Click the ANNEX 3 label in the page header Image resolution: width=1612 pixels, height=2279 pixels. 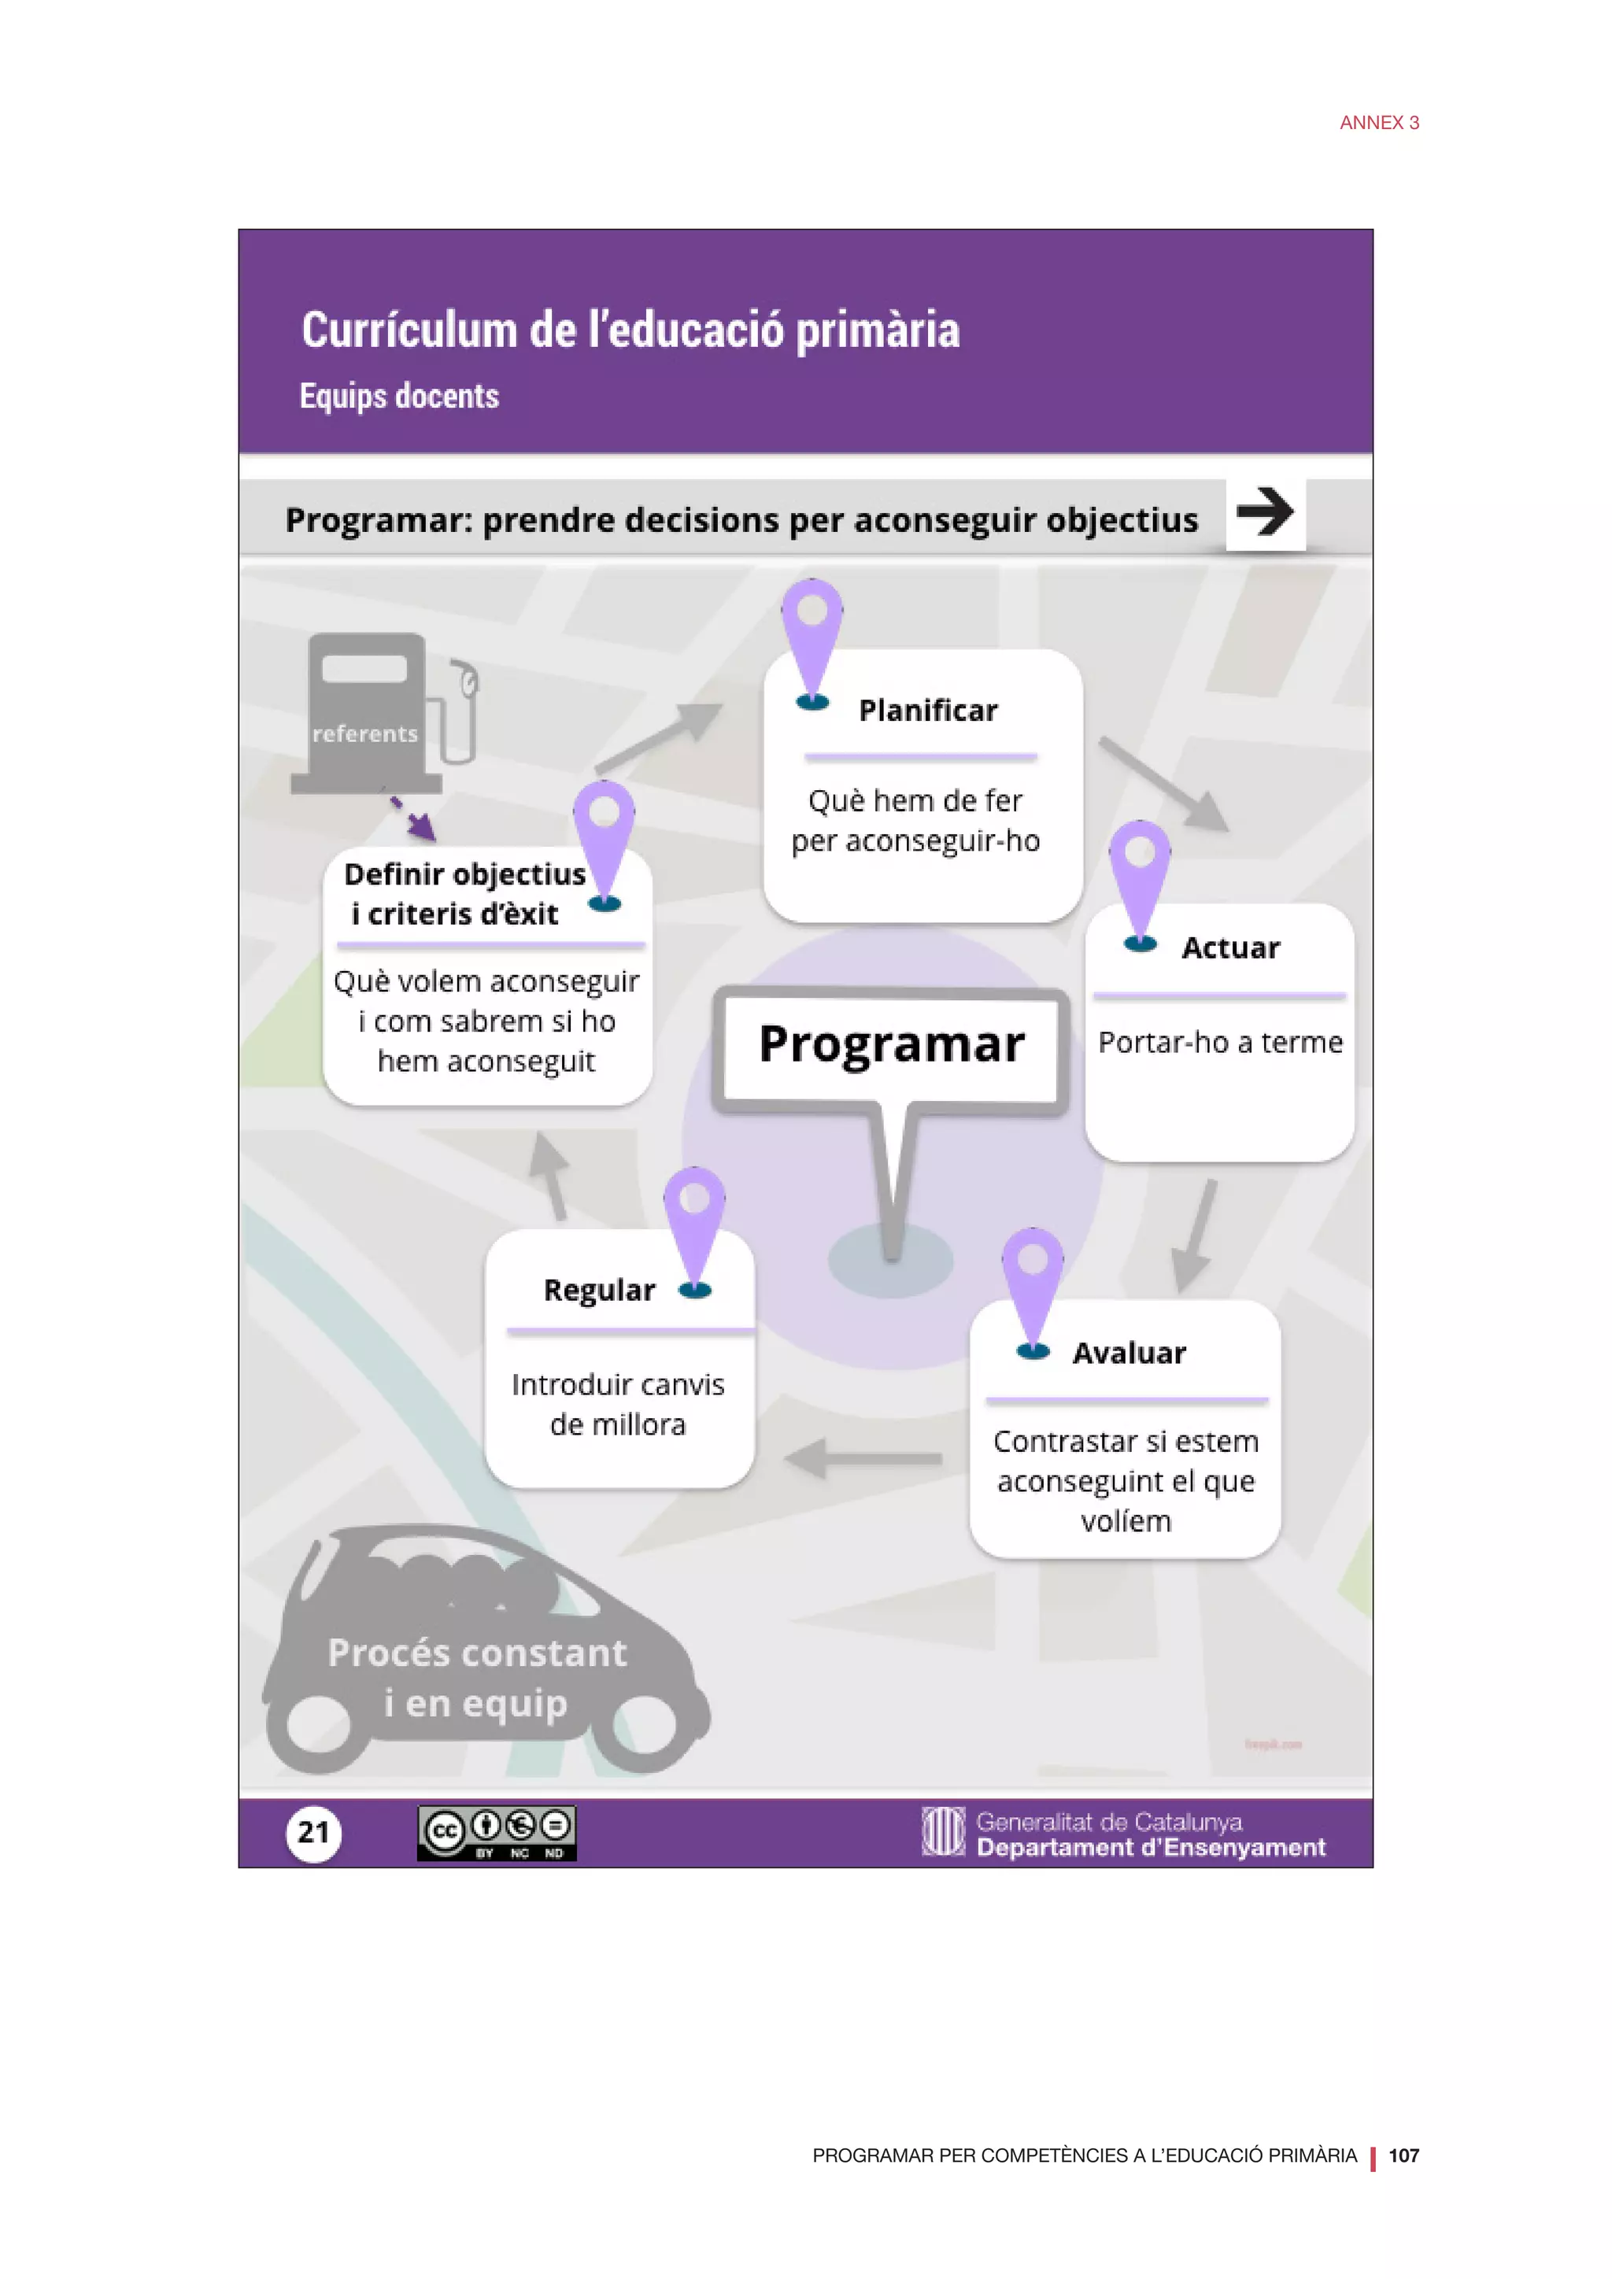point(1379,123)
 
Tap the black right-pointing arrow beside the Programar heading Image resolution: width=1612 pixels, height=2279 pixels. point(1265,512)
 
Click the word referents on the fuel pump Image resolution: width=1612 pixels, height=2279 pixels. point(364,733)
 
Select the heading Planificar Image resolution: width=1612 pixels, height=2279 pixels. point(928,711)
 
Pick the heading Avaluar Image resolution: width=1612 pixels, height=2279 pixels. point(1129,1353)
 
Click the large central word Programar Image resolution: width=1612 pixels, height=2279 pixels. point(891,1044)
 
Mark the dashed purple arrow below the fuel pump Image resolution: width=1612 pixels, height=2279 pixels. point(412,816)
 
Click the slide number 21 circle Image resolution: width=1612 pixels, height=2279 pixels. point(314,1832)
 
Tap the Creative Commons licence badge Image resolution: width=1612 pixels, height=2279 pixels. point(497,1832)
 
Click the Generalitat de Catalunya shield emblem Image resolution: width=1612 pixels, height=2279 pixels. point(942,1831)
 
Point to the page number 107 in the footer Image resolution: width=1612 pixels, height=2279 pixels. point(1403,2155)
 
